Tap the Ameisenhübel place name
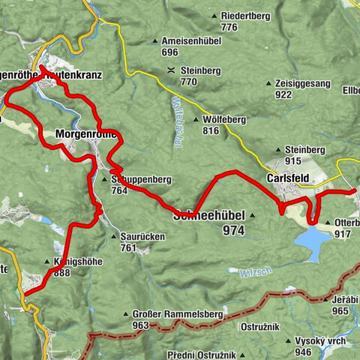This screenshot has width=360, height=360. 184,41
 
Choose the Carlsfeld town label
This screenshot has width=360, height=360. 289,179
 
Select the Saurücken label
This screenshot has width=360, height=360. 142,235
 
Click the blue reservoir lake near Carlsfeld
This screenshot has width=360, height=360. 311,241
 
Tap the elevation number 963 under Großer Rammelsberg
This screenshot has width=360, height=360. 141,325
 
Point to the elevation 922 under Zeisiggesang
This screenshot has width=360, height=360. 283,94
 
